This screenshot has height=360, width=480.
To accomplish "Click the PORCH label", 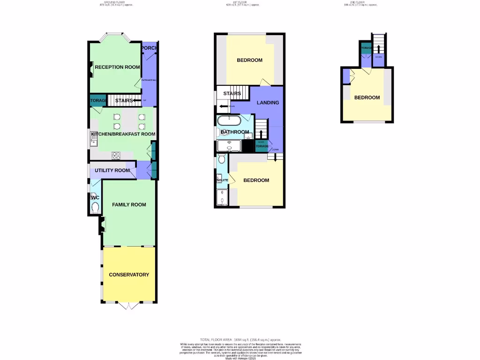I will click(x=150, y=48).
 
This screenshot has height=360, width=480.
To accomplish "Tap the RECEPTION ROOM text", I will click(x=117, y=67).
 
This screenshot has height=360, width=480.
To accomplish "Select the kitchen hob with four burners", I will click(x=116, y=155).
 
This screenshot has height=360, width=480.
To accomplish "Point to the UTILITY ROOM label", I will click(x=112, y=170).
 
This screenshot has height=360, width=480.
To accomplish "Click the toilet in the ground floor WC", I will click(x=96, y=207).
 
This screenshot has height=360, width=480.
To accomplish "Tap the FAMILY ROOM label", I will click(x=129, y=204).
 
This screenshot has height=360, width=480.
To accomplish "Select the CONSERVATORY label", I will click(x=129, y=275).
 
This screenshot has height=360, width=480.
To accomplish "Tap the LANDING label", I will click(x=268, y=103).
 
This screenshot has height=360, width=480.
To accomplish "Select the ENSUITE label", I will click(x=222, y=180).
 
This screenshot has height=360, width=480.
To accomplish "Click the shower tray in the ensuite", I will click(x=222, y=197).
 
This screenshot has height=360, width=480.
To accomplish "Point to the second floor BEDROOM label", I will click(x=367, y=97).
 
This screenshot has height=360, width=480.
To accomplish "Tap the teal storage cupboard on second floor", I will click(x=366, y=48).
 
